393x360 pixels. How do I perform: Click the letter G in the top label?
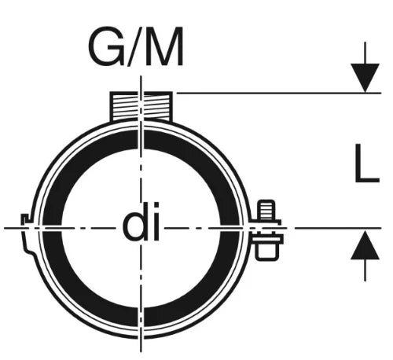click(107, 46)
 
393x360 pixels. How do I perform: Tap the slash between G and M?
click(135, 46)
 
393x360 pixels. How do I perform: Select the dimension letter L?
click(367, 163)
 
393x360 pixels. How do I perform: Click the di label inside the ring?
click(141, 222)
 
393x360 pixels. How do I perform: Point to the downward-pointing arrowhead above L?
click(365, 78)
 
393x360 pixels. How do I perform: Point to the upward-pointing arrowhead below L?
click(365, 244)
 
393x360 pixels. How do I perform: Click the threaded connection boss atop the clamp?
click(141, 106)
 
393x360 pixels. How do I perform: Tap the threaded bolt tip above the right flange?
click(266, 210)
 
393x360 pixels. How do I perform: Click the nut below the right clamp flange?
click(266, 251)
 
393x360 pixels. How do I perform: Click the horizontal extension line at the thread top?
click(279, 93)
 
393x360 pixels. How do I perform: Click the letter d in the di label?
click(134, 222)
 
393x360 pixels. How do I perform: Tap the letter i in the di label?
click(156, 222)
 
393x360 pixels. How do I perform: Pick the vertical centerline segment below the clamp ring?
click(141, 345)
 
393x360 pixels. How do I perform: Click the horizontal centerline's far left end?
click(4, 228)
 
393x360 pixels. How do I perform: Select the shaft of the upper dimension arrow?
click(365, 53)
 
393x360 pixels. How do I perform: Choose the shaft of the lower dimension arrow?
click(365, 270)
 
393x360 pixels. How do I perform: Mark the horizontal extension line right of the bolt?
click(338, 228)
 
